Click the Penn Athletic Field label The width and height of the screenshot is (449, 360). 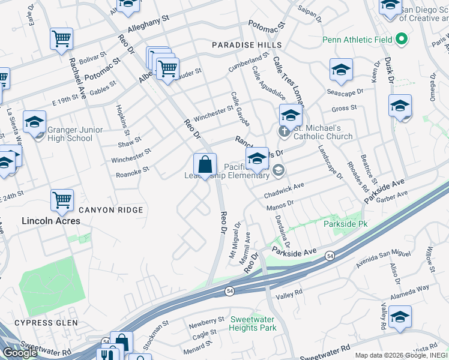point(357,40)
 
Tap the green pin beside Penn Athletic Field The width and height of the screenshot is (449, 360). point(402,40)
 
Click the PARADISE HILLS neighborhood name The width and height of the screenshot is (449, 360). point(246,46)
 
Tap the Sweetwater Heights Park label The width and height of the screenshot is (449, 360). point(253,323)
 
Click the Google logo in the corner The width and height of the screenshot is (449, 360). point(20,352)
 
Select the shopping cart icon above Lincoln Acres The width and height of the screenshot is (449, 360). point(62,199)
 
